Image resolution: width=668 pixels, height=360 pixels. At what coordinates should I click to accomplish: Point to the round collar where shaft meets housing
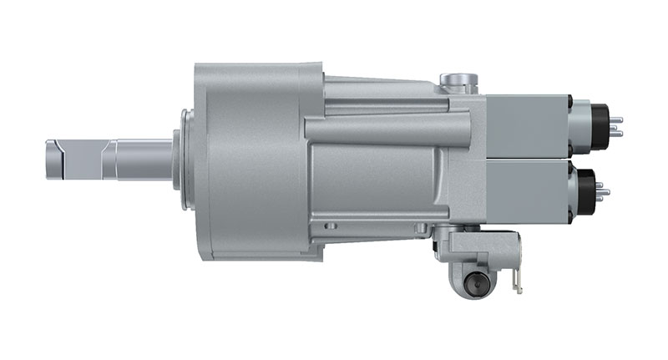179,159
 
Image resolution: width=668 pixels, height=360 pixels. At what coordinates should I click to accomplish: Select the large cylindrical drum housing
250,159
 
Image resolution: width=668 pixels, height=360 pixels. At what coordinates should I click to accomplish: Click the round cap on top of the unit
458,81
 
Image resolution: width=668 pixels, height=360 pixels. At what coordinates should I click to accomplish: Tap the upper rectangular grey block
526,125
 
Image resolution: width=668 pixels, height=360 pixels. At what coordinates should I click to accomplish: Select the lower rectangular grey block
526,190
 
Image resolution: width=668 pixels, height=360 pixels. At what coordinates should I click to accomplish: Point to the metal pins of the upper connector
616,124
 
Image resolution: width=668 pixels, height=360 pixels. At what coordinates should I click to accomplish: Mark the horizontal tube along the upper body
376,128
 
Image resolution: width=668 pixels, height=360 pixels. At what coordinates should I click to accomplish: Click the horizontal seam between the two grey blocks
526,158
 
